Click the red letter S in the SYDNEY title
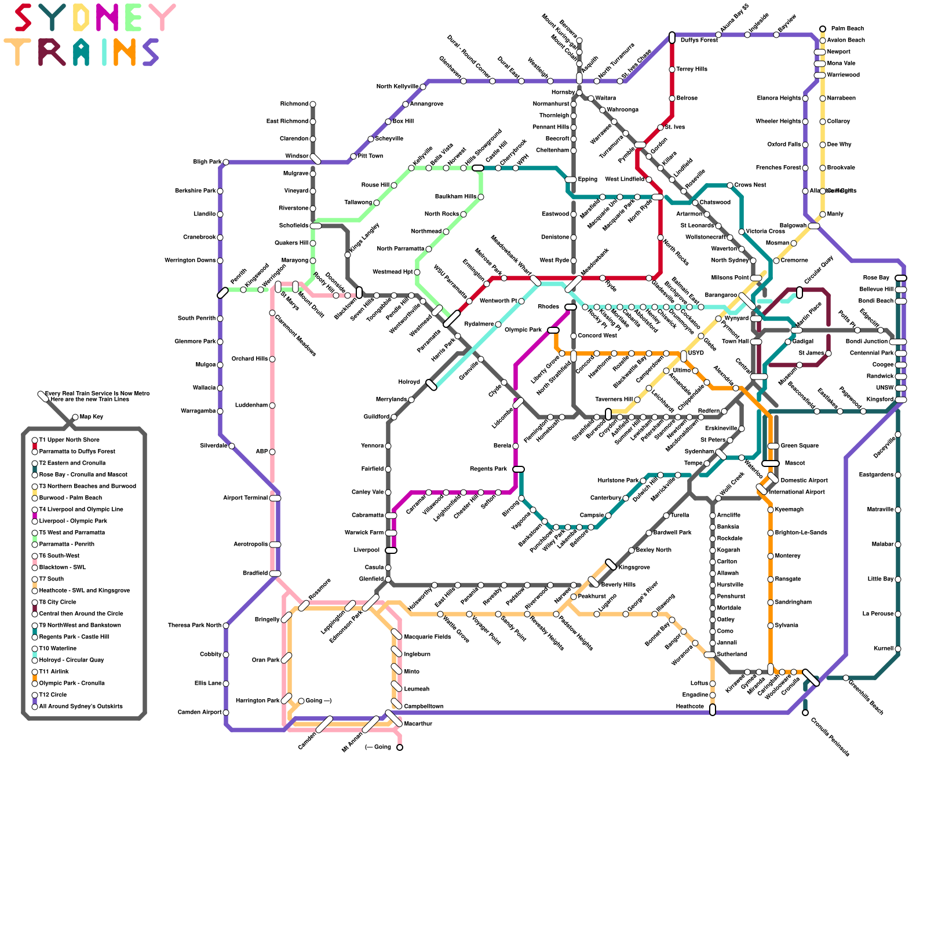tap(23, 17)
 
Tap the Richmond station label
tap(294, 104)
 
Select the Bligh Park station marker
tap(225, 162)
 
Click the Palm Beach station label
tap(847, 29)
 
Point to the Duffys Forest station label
tap(699, 41)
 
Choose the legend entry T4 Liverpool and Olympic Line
tap(81, 510)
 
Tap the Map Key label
tap(92, 417)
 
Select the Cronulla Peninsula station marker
tap(805, 713)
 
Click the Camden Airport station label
tap(199, 713)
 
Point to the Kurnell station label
tap(884, 649)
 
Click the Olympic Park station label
tap(523, 330)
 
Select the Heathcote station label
tap(689, 707)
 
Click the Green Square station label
tap(800, 446)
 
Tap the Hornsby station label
tap(563, 93)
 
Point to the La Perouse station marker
tap(898, 614)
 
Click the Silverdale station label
tap(213, 446)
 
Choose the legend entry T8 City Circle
tap(57, 603)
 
